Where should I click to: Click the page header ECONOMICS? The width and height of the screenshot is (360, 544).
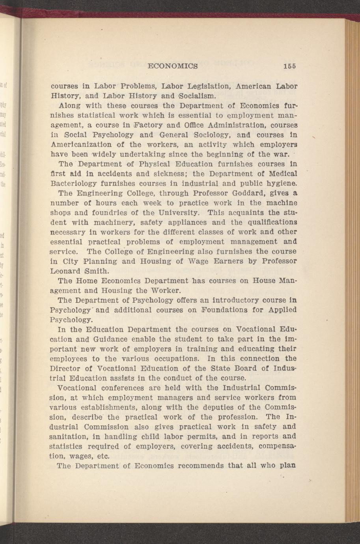pos(172,66)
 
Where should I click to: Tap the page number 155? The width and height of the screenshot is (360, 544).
pos(289,66)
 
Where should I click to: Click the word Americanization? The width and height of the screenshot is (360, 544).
pos(79,144)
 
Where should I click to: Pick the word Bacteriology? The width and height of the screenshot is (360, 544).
pos(73,183)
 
